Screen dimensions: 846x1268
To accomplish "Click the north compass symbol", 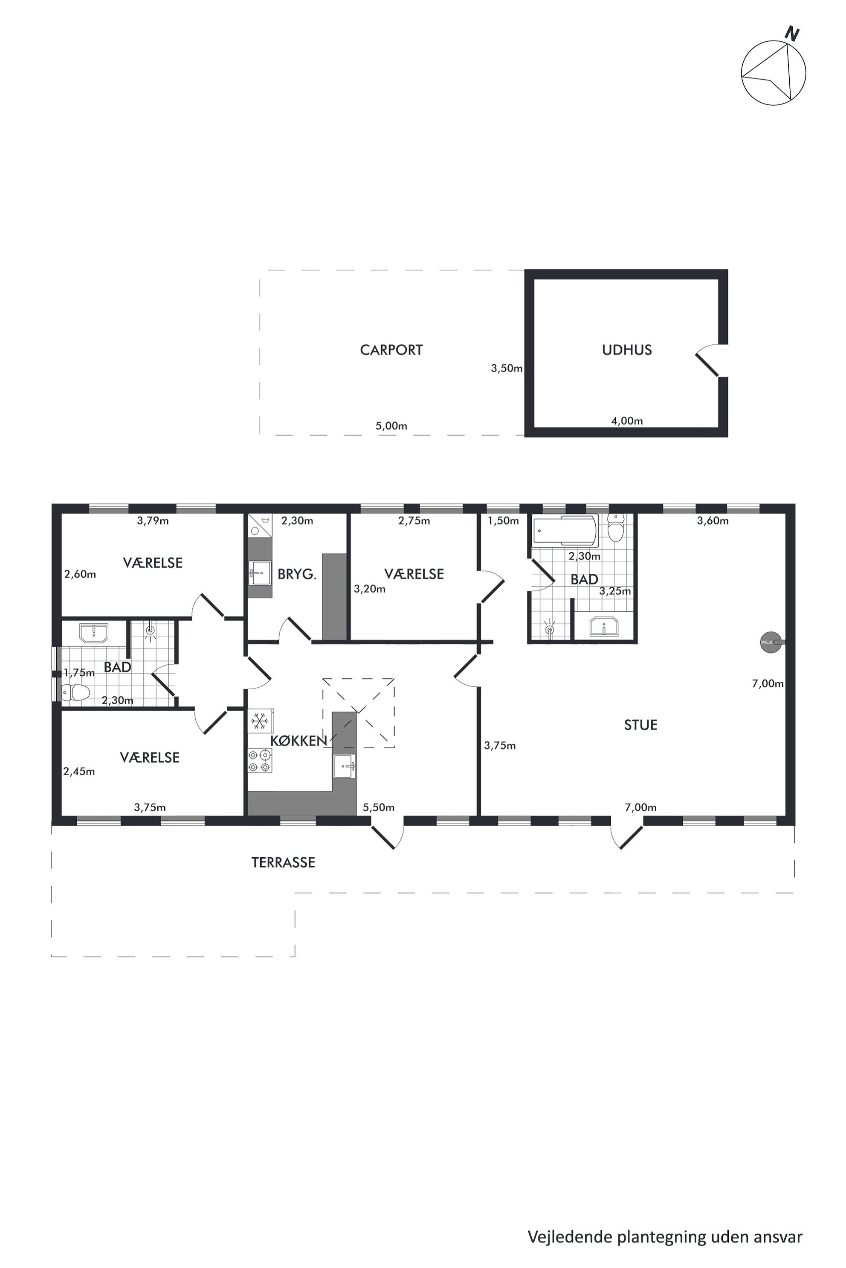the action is tap(773, 72).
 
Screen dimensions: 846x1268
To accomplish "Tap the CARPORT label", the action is tap(391, 350).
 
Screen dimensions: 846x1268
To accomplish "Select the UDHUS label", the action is tap(626, 350).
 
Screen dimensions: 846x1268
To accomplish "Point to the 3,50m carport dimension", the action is tap(507, 369).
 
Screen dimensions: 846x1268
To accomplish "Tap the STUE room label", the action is tap(640, 725).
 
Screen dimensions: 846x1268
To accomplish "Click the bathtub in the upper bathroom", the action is tap(565, 530).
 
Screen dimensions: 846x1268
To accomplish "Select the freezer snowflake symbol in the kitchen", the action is tap(261, 720).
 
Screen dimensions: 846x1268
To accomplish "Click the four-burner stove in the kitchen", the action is tap(260, 761).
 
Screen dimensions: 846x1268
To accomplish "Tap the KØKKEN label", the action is tap(298, 741).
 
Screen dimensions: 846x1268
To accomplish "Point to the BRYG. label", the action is tap(297, 574).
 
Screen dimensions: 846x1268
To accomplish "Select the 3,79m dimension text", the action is tap(153, 520).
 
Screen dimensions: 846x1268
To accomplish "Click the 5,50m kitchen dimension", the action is tap(378, 807).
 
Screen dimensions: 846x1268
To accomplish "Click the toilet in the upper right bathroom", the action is tap(616, 527).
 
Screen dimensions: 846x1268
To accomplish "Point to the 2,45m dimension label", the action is tap(79, 772).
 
